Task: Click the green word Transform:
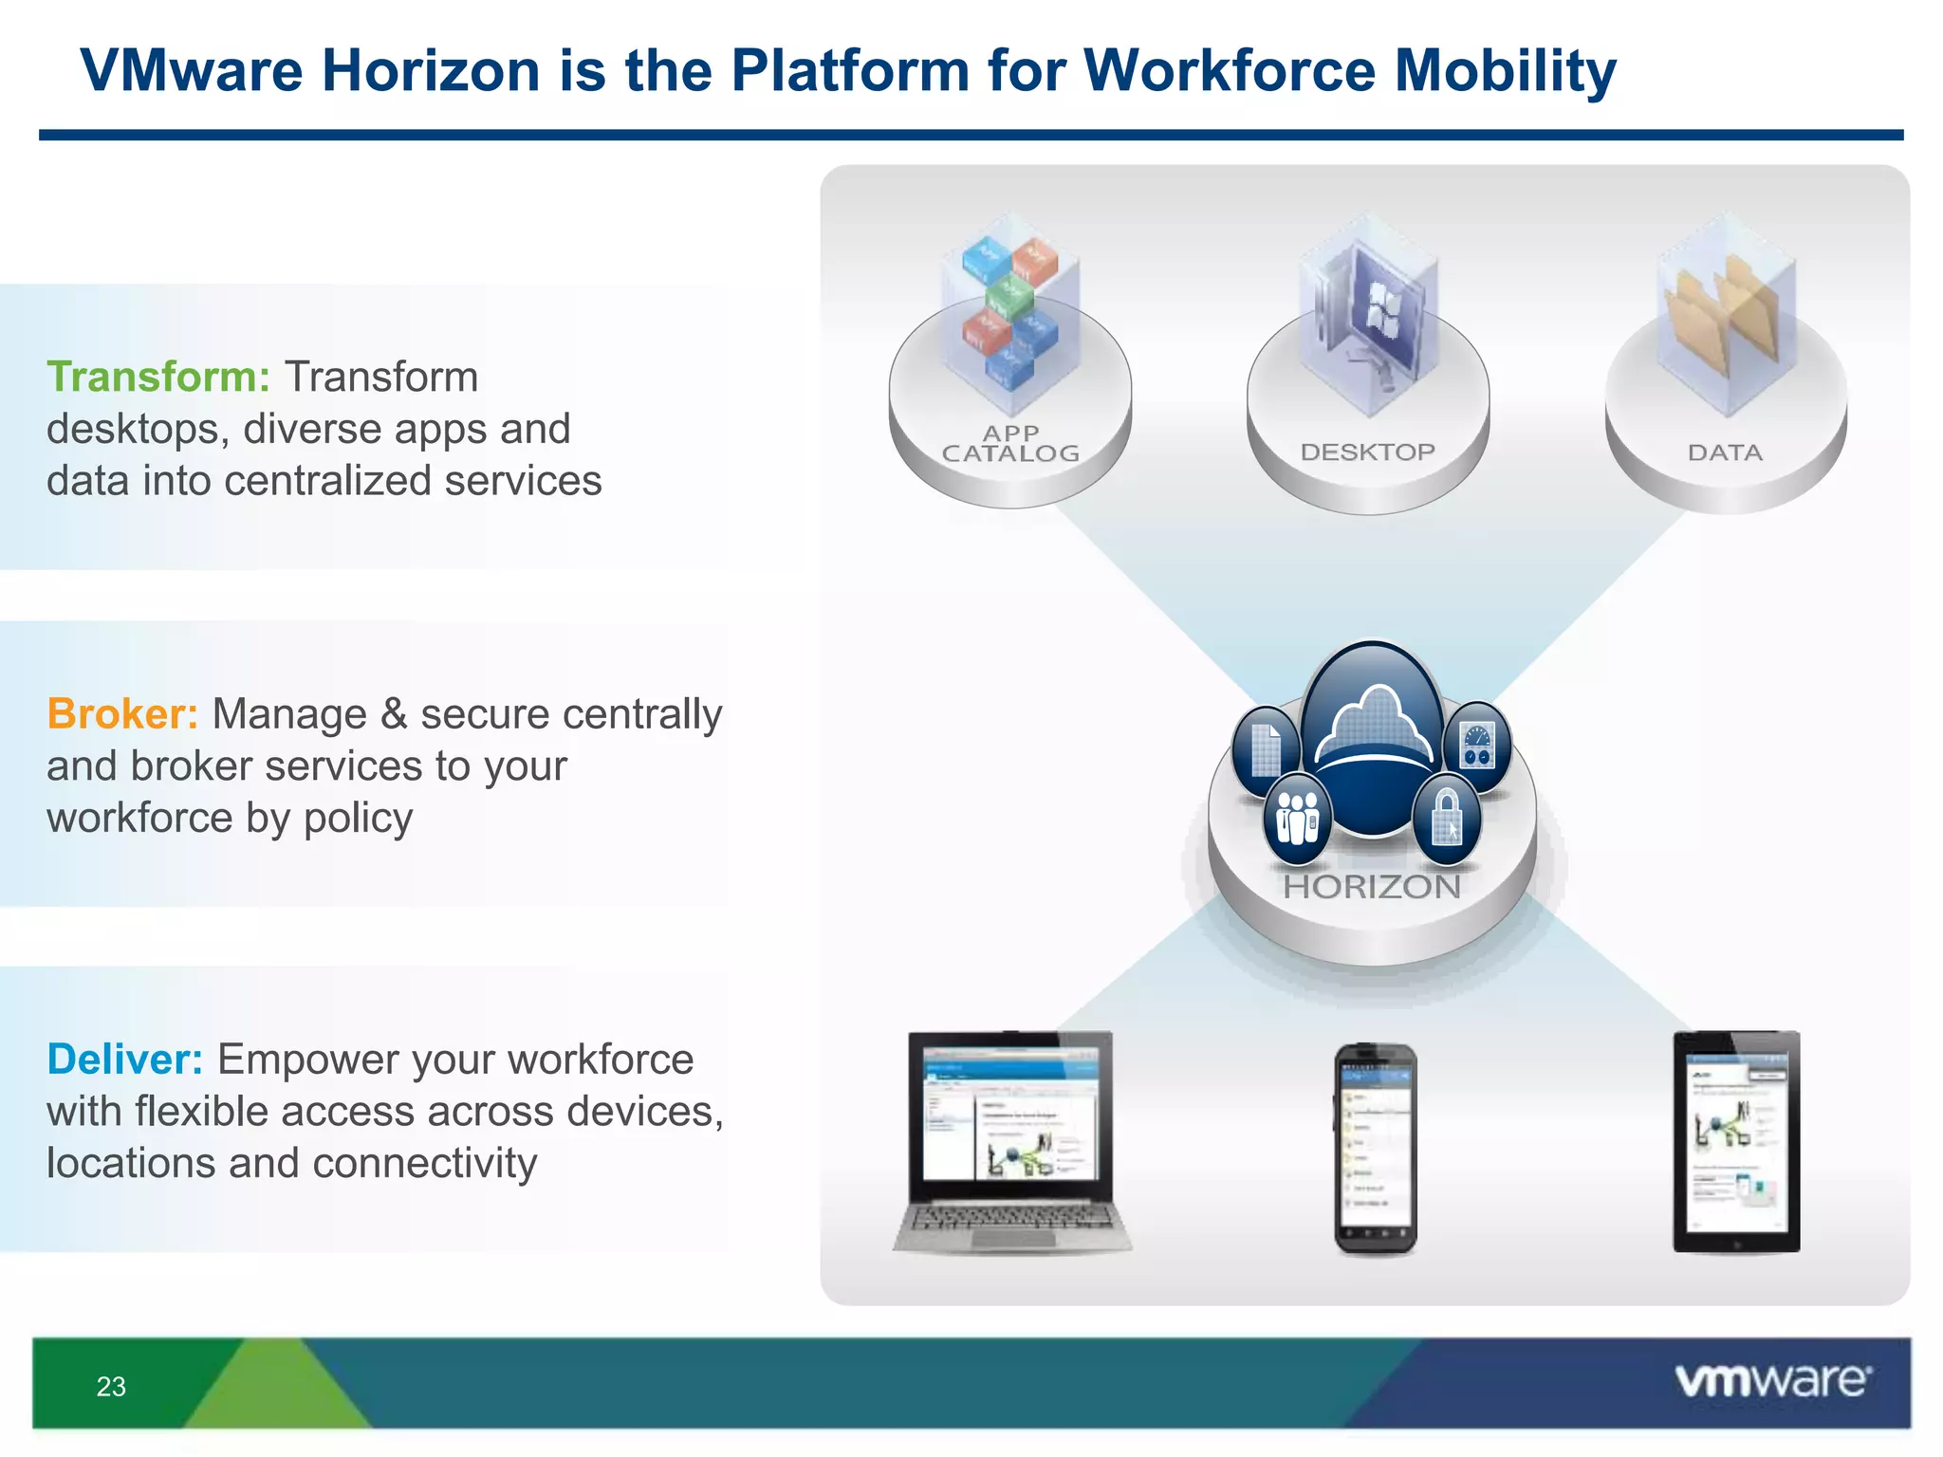click(x=158, y=378)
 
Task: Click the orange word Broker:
click(x=122, y=714)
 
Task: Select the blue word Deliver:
click(x=124, y=1060)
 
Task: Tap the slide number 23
click(x=111, y=1386)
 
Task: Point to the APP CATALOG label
click(x=1010, y=444)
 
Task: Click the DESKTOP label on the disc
click(x=1367, y=452)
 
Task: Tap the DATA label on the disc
click(x=1725, y=453)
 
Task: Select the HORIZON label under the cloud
click(x=1372, y=887)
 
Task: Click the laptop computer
click(x=1011, y=1143)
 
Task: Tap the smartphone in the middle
click(x=1375, y=1149)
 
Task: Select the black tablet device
click(x=1736, y=1142)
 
